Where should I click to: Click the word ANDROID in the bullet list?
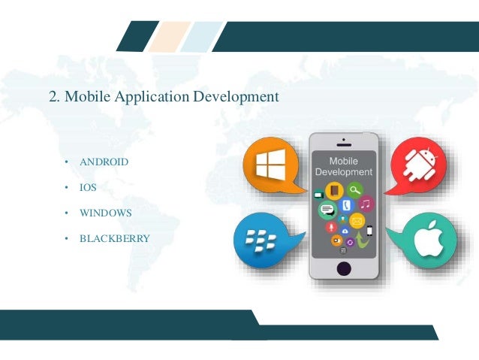tap(104, 162)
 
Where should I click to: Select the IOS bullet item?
tap(89, 188)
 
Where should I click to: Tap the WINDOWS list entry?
tap(106, 213)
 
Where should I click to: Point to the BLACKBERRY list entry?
tap(115, 239)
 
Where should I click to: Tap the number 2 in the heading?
tap(51, 97)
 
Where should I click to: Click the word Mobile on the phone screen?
tap(344, 161)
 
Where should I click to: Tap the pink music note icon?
tap(366, 204)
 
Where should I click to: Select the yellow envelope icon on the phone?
tap(357, 221)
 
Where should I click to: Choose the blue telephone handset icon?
tap(346, 204)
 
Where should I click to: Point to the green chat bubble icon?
tap(326, 211)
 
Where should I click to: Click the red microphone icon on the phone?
tap(330, 227)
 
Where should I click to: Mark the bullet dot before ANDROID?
tap(66, 162)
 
